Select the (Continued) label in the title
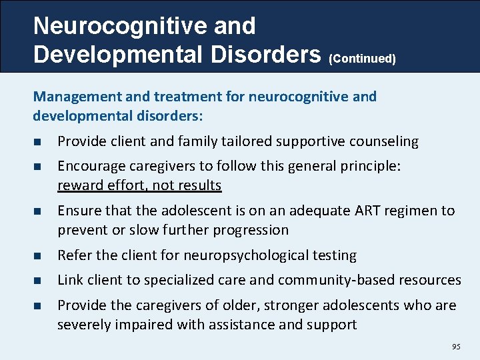[362, 59]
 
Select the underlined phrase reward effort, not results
[139, 185]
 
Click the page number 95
[456, 347]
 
